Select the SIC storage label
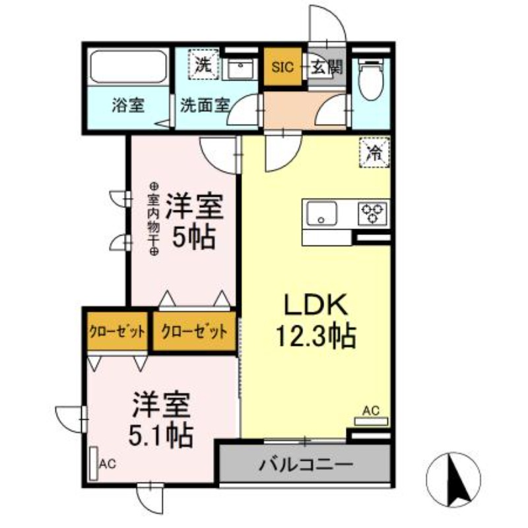point(283,67)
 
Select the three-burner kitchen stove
point(372,213)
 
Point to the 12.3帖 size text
point(315,337)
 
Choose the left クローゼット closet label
point(117,332)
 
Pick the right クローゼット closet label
point(195,332)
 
